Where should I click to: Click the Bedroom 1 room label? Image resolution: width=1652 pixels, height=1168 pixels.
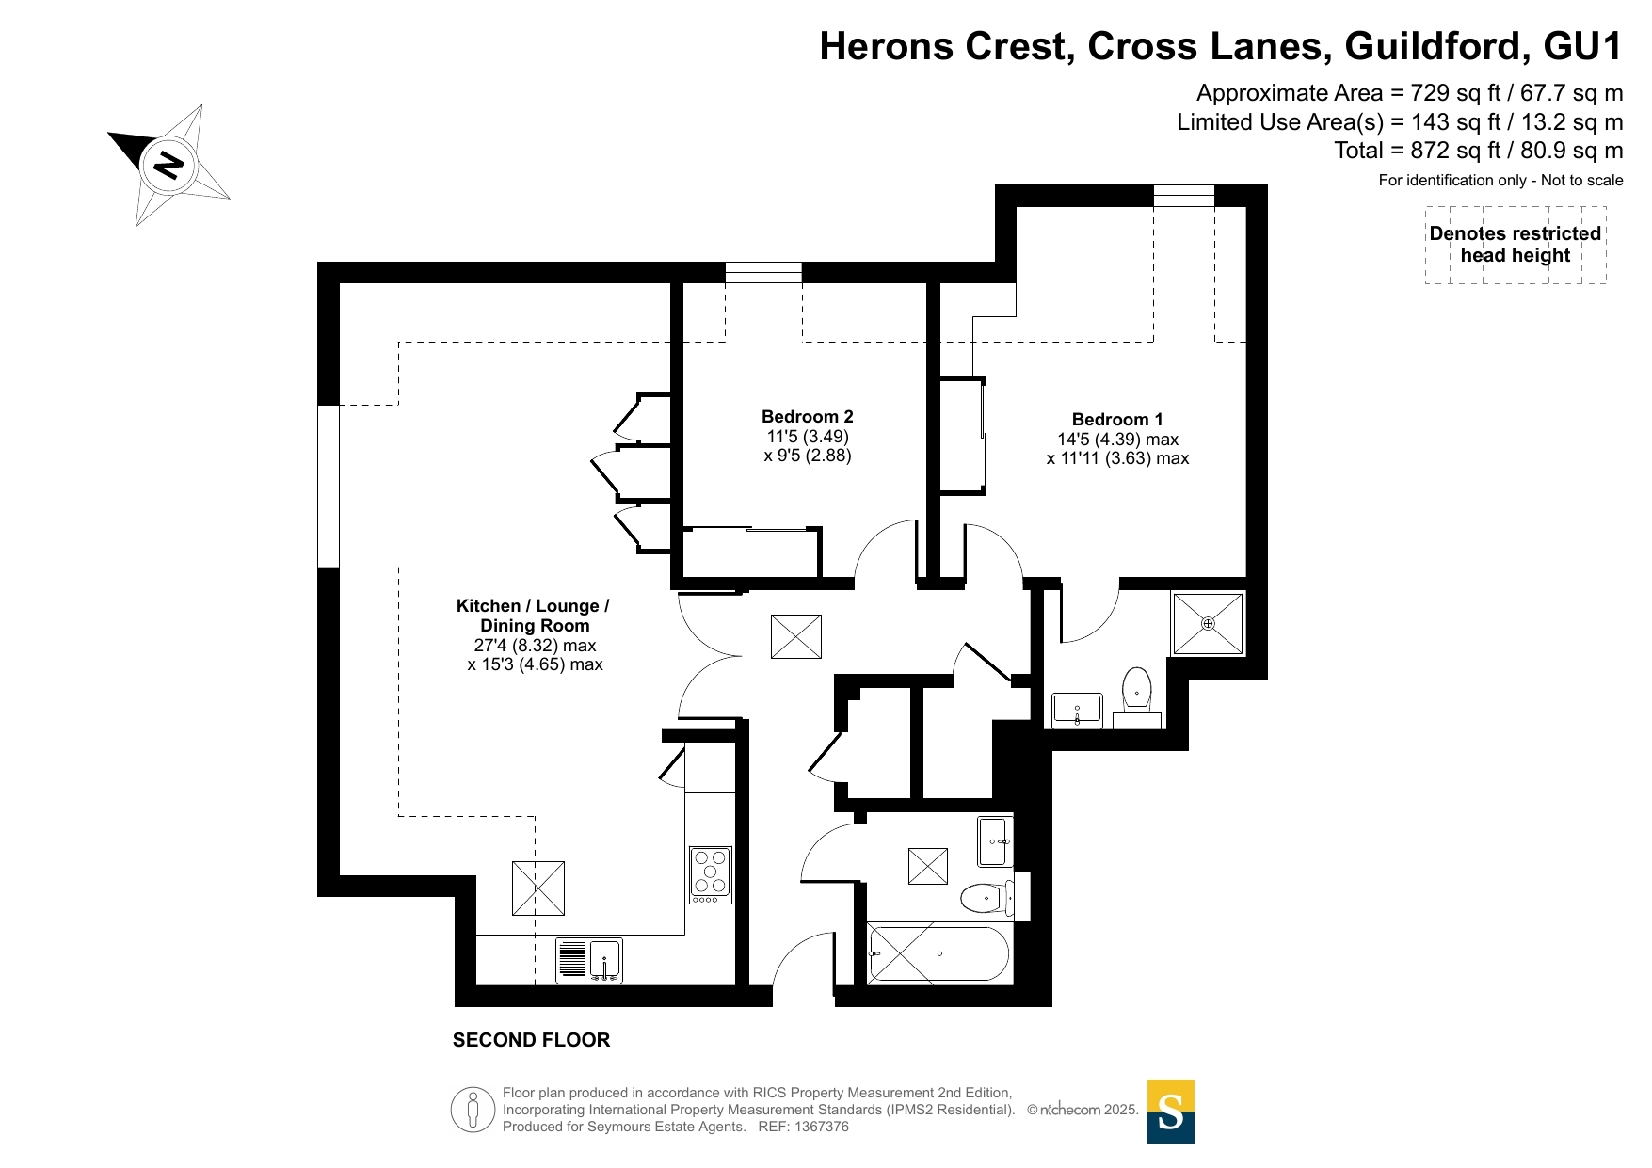pyautogui.click(x=1117, y=420)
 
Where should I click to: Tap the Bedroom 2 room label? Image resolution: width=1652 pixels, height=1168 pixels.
pyautogui.click(x=808, y=417)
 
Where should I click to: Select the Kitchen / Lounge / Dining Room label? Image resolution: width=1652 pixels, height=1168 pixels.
pyautogui.click(x=534, y=616)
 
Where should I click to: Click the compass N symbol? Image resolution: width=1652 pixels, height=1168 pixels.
pyautogui.click(x=168, y=166)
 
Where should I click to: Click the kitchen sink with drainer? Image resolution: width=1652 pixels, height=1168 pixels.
pyautogui.click(x=589, y=961)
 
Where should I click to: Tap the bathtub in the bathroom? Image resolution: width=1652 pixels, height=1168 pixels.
pyautogui.click(x=938, y=953)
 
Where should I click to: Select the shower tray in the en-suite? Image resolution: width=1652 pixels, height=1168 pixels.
pyautogui.click(x=1208, y=623)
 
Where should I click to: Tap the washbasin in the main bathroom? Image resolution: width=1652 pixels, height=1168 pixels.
pyautogui.click(x=995, y=841)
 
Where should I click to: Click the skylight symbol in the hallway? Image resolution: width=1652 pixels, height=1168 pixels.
pyautogui.click(x=796, y=637)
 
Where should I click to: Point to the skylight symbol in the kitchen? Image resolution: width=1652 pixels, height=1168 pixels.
pyautogui.click(x=538, y=888)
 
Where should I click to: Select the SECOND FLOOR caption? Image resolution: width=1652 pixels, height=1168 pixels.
pyautogui.click(x=531, y=1040)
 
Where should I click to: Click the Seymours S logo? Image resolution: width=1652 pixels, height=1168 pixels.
pyautogui.click(x=1171, y=1112)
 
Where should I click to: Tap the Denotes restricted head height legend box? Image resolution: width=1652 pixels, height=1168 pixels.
pyautogui.click(x=1516, y=245)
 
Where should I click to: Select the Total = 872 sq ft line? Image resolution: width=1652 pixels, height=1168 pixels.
pyautogui.click(x=1479, y=151)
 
